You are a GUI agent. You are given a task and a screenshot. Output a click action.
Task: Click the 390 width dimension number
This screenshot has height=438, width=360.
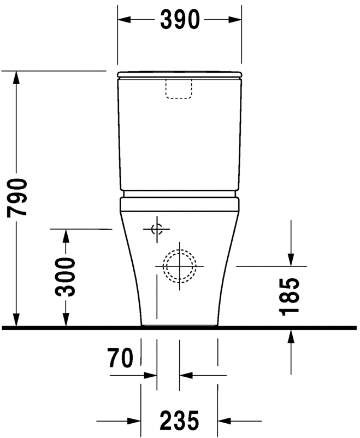click(x=179, y=20)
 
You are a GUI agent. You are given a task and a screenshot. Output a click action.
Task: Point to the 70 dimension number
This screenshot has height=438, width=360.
click(x=121, y=359)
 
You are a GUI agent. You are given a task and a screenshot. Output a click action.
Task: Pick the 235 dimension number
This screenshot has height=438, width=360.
click(x=179, y=421)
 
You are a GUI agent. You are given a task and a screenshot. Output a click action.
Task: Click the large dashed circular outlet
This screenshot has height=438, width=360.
click(x=179, y=266)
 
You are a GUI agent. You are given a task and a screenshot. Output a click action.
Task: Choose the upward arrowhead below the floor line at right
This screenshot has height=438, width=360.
click(x=291, y=337)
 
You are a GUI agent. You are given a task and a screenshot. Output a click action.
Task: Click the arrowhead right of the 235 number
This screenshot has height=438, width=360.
click(x=225, y=421)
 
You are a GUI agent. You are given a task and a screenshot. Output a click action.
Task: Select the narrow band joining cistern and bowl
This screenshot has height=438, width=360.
click(x=179, y=194)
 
